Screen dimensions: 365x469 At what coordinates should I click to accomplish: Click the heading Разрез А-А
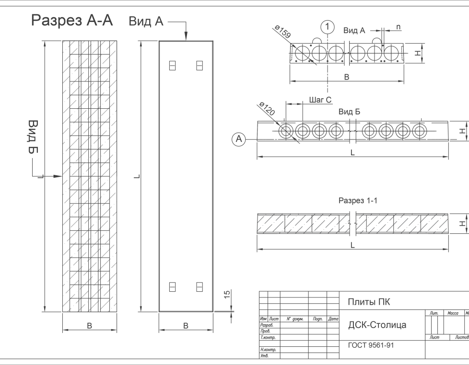(x=72, y=21)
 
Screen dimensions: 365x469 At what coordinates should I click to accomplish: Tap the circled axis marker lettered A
(x=239, y=139)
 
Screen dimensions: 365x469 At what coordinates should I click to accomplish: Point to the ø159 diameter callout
(x=282, y=33)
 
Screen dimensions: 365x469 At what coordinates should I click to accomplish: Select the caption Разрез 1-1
(x=358, y=201)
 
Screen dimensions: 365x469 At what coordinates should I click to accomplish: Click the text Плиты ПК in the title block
(x=369, y=302)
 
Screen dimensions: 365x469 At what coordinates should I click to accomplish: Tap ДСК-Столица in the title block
(x=377, y=325)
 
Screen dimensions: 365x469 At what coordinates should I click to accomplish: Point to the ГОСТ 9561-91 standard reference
(x=371, y=345)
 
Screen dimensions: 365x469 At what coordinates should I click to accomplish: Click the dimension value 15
(x=227, y=294)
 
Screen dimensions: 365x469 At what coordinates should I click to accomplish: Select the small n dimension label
(x=399, y=27)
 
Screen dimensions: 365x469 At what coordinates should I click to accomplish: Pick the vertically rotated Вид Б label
(x=33, y=137)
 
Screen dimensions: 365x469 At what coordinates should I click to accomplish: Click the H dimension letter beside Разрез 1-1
(x=462, y=224)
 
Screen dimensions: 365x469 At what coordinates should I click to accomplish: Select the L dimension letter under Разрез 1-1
(x=352, y=245)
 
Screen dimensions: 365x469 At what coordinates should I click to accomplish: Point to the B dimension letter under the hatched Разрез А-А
(x=90, y=326)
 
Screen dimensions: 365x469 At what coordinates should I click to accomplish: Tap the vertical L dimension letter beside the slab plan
(x=137, y=176)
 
